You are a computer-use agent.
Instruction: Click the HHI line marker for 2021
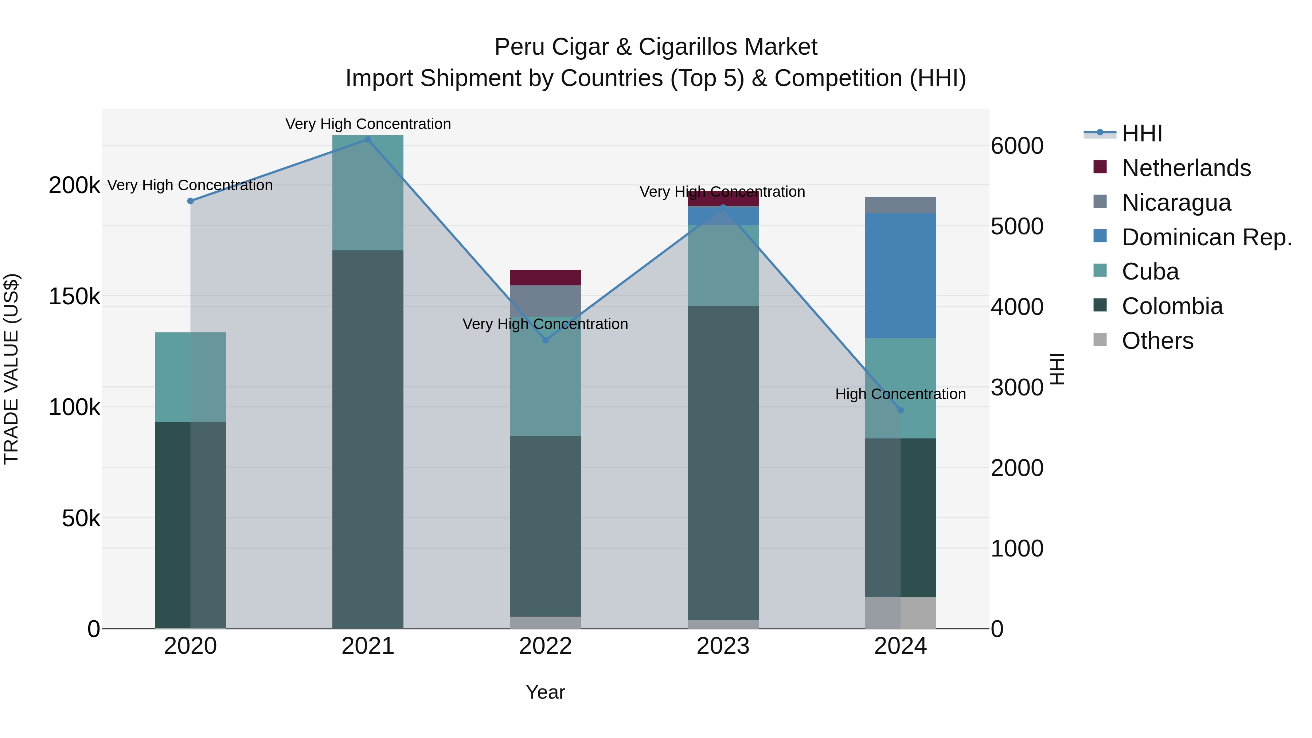368,140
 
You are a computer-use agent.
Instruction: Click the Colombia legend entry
1171,306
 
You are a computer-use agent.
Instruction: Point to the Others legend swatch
1100,340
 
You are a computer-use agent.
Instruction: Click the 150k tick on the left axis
74,296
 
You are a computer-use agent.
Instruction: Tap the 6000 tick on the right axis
1016,146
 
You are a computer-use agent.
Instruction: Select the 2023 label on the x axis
722,646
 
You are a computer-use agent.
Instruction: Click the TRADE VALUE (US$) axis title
11,369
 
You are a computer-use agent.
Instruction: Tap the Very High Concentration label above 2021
368,124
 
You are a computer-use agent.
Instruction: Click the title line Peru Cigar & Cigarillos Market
656,47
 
